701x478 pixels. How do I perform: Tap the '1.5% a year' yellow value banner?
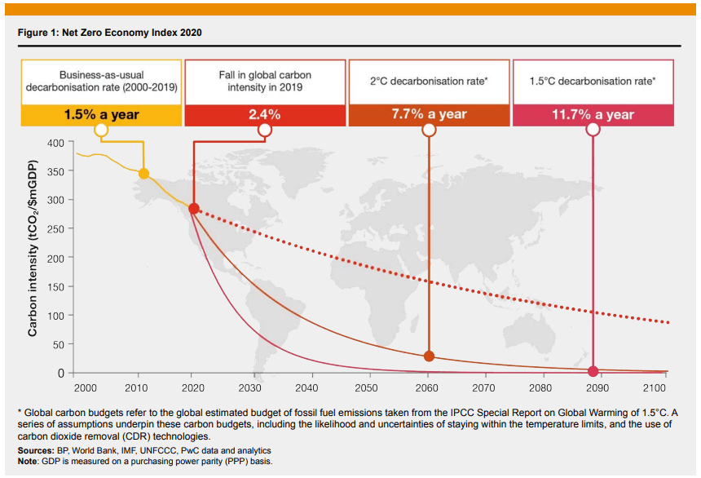(102, 115)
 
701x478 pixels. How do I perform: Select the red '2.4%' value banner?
(265, 115)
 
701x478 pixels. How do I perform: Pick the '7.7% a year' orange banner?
(429, 114)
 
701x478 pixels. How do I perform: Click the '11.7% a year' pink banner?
(593, 115)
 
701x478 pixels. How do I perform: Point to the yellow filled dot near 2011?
(143, 173)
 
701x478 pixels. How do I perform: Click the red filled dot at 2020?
(194, 209)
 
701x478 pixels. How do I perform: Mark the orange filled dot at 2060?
(429, 356)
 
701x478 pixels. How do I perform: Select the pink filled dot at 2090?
(593, 370)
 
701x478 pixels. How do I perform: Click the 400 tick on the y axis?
(55, 143)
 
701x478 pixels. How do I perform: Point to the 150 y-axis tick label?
(55, 286)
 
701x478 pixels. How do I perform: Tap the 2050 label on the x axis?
(366, 388)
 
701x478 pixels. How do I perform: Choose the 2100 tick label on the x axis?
(654, 388)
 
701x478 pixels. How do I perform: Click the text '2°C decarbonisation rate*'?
(429, 82)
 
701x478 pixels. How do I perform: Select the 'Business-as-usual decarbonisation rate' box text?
(102, 81)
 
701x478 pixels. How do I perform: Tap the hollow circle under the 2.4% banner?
(265, 130)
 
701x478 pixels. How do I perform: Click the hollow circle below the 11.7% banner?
(593, 130)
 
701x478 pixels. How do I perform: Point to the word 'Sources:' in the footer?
(37, 450)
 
